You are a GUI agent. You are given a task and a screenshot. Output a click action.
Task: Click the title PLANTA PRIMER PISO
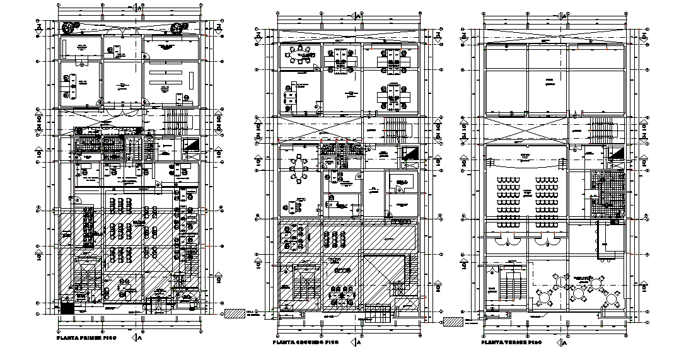[88, 338]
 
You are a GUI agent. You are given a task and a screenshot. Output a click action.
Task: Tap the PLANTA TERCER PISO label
[511, 342]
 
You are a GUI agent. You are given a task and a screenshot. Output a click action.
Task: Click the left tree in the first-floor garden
[71, 26]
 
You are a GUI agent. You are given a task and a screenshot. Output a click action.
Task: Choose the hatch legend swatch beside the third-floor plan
[453, 322]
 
